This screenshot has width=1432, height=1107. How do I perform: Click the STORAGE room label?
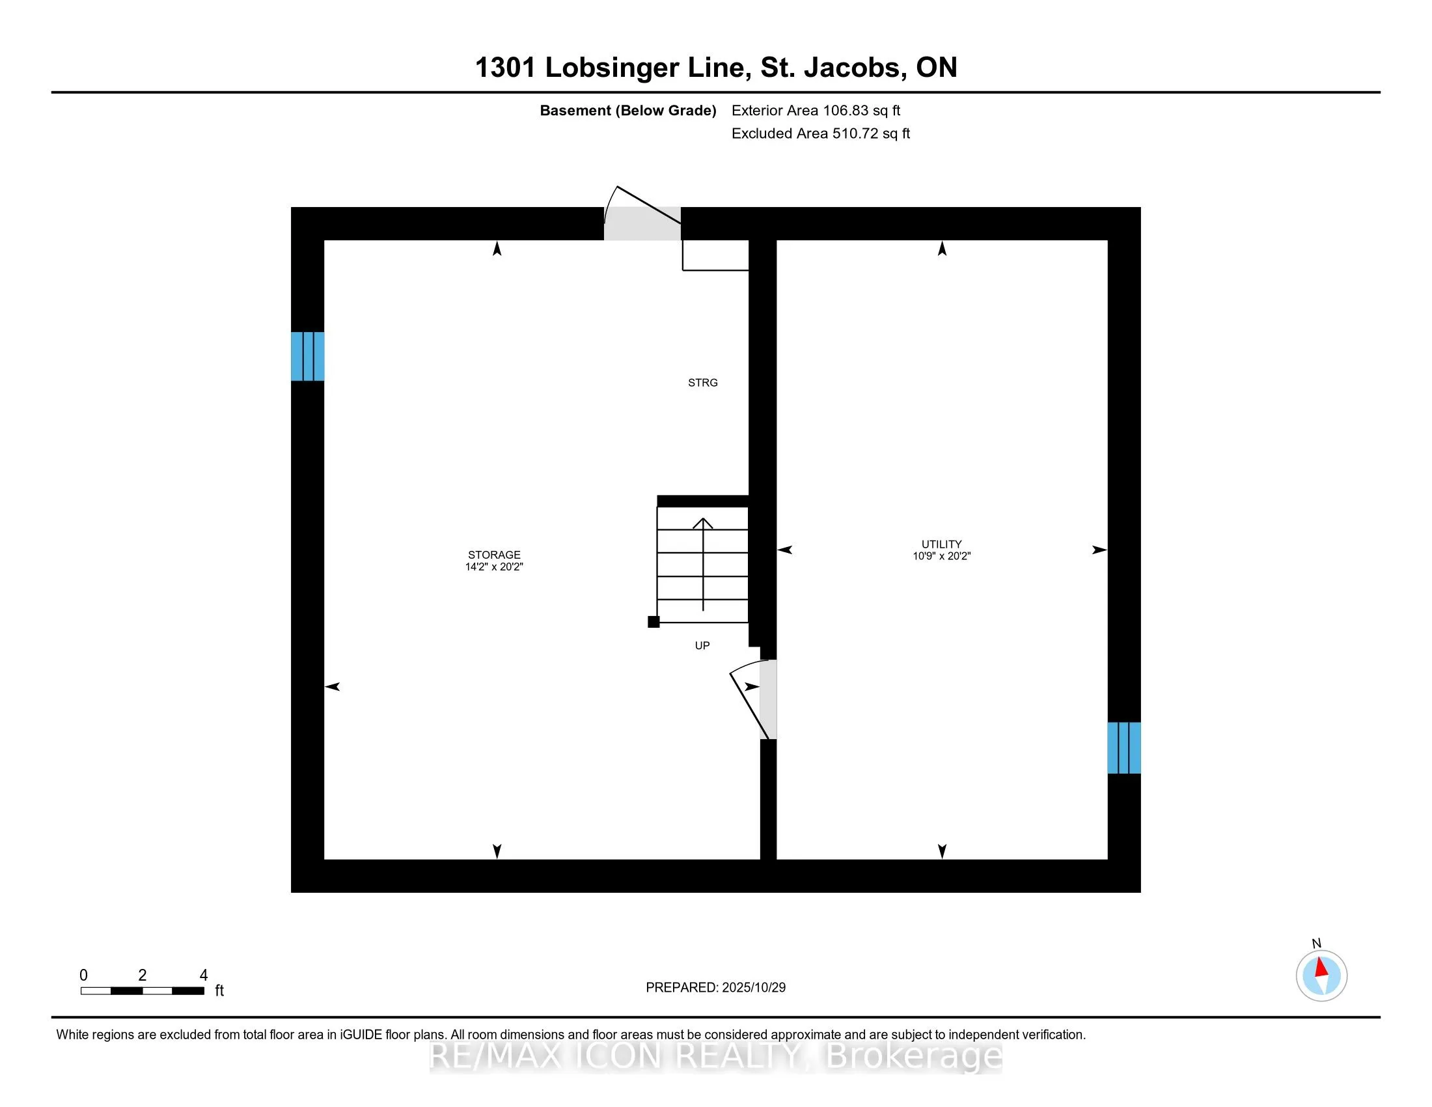pyautogui.click(x=494, y=555)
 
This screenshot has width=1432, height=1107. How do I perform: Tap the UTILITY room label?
pyautogui.click(x=941, y=544)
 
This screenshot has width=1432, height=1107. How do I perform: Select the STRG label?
pyautogui.click(x=702, y=383)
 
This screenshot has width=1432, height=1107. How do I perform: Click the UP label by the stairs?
pyautogui.click(x=702, y=646)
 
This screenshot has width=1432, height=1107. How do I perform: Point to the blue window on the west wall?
pyautogui.click(x=307, y=357)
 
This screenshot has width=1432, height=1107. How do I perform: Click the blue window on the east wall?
pyautogui.click(x=1124, y=748)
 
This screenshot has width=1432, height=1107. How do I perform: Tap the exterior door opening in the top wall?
pyautogui.click(x=642, y=223)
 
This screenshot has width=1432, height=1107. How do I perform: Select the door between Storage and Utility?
pyautogui.click(x=768, y=699)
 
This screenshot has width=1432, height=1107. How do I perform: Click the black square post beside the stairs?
pyautogui.click(x=653, y=622)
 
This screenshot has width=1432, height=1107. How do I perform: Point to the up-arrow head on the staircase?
pyautogui.click(x=703, y=524)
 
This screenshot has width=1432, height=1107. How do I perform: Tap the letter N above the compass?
pyautogui.click(x=1316, y=944)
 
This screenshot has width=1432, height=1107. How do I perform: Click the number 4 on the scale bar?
pyautogui.click(x=203, y=975)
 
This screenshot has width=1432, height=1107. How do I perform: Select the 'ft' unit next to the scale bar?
pyautogui.click(x=219, y=991)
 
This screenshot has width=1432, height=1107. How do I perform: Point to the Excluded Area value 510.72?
pyautogui.click(x=855, y=133)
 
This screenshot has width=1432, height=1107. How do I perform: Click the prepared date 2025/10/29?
pyautogui.click(x=753, y=988)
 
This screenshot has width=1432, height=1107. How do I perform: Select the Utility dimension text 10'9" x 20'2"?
pyautogui.click(x=941, y=556)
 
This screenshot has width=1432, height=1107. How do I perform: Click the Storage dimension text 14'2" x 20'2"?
pyautogui.click(x=494, y=567)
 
